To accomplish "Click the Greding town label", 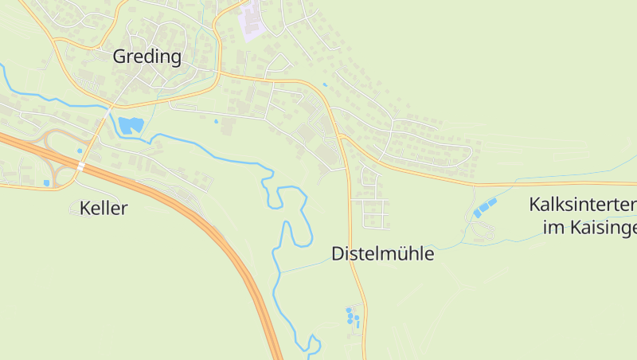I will (147, 57).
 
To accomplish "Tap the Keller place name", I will (104, 209).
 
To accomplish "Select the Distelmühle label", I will (382, 254).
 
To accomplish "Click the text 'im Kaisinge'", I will (589, 229).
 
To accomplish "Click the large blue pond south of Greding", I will (131, 124).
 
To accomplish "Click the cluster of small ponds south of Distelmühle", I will (352, 317).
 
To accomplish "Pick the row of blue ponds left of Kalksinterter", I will (484, 209).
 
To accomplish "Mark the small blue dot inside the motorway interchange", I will (80, 151).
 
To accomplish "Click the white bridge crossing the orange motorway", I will (81, 166).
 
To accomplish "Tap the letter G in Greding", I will (120, 57).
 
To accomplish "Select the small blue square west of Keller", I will (46, 183).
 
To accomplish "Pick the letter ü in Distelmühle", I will (401, 254).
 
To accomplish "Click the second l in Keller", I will (107, 209).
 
